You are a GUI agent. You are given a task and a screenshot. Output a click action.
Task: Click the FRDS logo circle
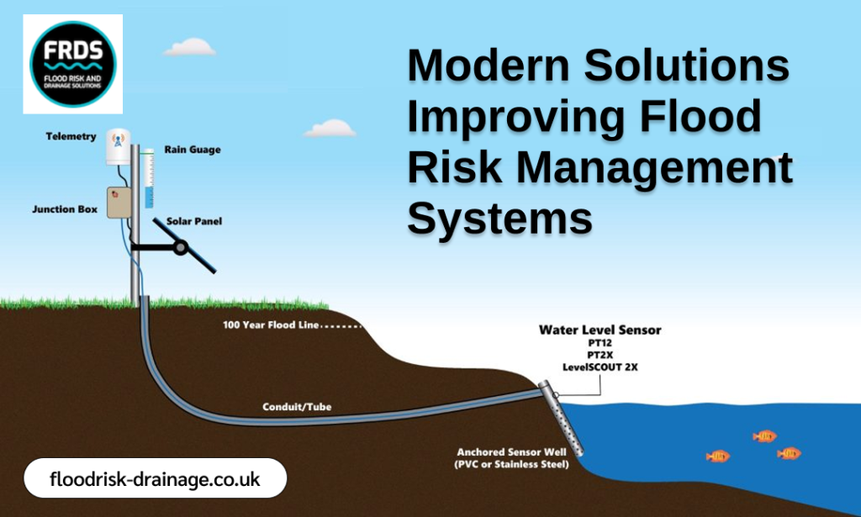point(73,64)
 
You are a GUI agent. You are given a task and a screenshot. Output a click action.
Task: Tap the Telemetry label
point(71,136)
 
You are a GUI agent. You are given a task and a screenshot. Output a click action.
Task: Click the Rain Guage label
point(193,150)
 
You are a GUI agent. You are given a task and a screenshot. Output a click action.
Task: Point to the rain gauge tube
point(148,179)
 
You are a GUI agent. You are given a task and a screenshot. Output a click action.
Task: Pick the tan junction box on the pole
point(120,203)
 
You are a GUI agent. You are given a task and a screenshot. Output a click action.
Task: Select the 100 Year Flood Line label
point(272,324)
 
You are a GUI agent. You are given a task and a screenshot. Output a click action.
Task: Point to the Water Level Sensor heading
point(600,330)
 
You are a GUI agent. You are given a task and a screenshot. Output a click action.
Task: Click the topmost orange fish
point(764,435)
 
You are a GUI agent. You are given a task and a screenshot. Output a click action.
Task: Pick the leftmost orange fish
point(717,456)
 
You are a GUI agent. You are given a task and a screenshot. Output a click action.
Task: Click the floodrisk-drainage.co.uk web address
point(155,480)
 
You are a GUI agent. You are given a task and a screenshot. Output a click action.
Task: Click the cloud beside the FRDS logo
point(189,47)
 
